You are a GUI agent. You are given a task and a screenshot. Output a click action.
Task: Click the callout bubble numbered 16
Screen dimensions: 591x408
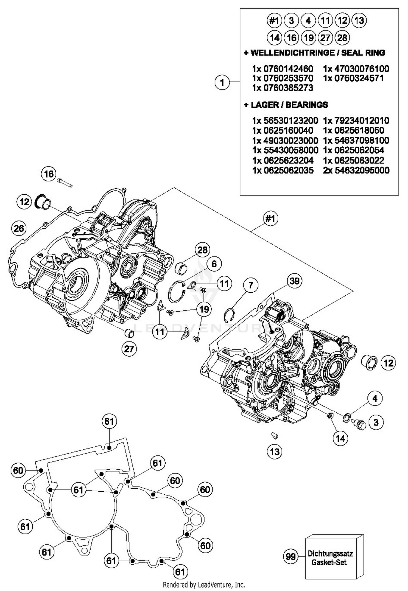[x=49, y=174]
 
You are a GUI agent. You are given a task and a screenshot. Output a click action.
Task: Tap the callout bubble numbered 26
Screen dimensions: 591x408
[x=19, y=228]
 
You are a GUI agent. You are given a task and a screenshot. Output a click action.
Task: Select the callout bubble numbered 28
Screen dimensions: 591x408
[x=202, y=250]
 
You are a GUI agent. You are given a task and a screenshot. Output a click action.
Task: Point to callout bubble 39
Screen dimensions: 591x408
[x=294, y=281]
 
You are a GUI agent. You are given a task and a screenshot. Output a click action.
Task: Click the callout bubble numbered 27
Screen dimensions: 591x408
[x=129, y=349]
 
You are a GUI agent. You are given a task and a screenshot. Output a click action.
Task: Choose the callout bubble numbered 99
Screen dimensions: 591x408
[x=290, y=556]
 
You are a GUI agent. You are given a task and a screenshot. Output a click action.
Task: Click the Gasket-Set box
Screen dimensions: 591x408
[x=334, y=556]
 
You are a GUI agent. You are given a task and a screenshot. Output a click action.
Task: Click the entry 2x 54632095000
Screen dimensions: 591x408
[x=356, y=170]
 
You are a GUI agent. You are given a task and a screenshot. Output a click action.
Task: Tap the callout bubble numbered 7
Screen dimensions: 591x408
[x=250, y=285]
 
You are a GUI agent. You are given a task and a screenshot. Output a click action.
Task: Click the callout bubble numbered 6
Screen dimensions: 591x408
[x=214, y=264]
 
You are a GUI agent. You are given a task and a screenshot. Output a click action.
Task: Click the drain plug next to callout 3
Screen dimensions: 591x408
[x=358, y=424]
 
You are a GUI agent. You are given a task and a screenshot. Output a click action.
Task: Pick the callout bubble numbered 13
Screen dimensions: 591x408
[x=274, y=452]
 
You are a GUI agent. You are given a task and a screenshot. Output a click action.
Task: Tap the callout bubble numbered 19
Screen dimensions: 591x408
[x=204, y=309]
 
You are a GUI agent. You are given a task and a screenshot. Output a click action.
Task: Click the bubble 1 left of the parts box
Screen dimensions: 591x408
[x=222, y=82]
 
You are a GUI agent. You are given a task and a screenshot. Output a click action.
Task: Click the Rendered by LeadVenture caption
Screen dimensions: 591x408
[x=204, y=584]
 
